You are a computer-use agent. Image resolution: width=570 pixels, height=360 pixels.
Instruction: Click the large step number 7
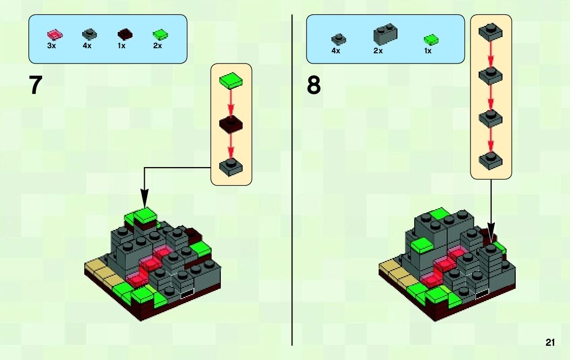[x=35, y=85]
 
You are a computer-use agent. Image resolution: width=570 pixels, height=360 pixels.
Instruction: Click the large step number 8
[x=314, y=85]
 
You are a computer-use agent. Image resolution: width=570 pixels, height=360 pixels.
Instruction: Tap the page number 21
[x=550, y=342]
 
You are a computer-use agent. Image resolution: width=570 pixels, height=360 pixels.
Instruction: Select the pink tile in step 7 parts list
[x=54, y=35]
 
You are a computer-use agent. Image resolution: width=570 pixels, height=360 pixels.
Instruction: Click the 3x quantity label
[x=51, y=46]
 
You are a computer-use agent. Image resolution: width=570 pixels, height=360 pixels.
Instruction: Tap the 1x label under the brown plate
[x=122, y=46]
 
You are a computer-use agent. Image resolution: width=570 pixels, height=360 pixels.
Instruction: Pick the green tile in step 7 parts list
[x=160, y=35]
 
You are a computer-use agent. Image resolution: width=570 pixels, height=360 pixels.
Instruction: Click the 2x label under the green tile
[x=157, y=46]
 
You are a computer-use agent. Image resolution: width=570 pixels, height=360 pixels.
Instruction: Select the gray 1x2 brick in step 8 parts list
[x=385, y=34]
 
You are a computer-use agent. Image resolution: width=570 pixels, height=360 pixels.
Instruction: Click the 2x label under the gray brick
[x=378, y=51]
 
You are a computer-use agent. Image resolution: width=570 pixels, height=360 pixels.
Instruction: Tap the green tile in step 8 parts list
[x=431, y=39]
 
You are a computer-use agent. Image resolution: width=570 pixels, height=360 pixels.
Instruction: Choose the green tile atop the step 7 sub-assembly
[x=231, y=81]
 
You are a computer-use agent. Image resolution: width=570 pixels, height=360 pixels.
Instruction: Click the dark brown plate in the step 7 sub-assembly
[x=231, y=124]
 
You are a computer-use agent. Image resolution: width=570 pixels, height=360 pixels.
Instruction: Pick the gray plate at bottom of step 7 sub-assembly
[x=231, y=167]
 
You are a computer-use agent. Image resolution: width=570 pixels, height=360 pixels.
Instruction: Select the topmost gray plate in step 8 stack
[x=491, y=32]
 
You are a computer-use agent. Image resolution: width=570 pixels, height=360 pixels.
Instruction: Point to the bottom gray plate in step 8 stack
[x=491, y=160]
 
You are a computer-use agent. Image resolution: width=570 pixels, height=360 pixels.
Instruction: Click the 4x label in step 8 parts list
[x=336, y=51]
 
